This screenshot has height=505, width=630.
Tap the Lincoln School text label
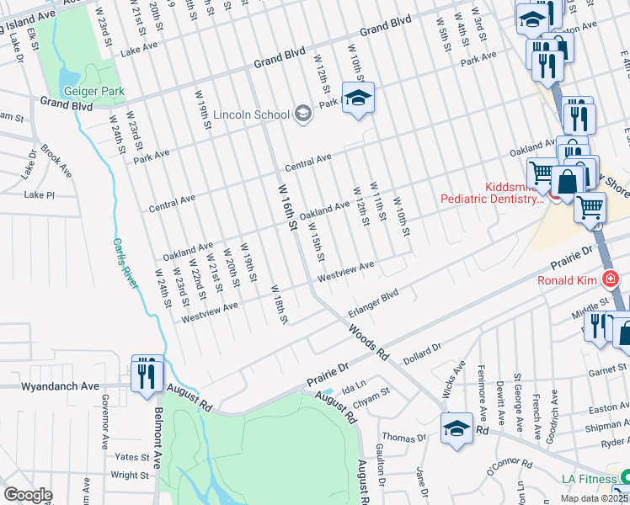(x=250, y=114)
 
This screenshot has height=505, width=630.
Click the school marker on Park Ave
(x=358, y=98)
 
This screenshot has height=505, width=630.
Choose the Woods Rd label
(x=369, y=341)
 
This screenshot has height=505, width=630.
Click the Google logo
(x=28, y=495)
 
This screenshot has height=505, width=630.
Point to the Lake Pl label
(x=39, y=194)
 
